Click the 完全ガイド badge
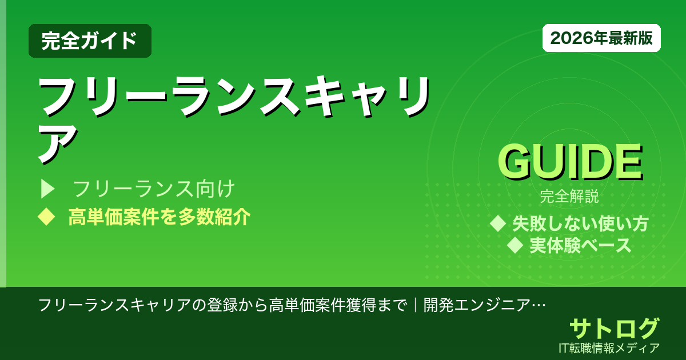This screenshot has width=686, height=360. point(90,41)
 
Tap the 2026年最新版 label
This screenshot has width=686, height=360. point(601,38)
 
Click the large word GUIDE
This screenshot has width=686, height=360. point(569,163)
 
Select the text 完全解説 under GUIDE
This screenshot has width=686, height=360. point(569,198)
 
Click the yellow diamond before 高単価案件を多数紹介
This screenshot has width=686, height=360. point(45,217)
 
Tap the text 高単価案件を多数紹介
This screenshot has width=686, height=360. point(159,217)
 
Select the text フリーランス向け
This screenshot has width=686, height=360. point(154,189)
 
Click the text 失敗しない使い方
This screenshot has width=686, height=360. point(580,223)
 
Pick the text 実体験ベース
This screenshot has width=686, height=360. point(580,246)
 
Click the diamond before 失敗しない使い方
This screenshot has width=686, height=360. point(498,223)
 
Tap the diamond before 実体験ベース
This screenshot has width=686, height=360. point(516,246)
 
